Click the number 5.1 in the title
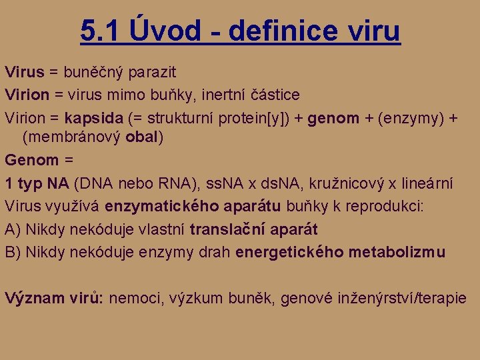(x=99, y=30)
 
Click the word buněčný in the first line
(x=93, y=71)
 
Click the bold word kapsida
(x=94, y=118)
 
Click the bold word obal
(x=143, y=137)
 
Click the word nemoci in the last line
(x=133, y=298)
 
